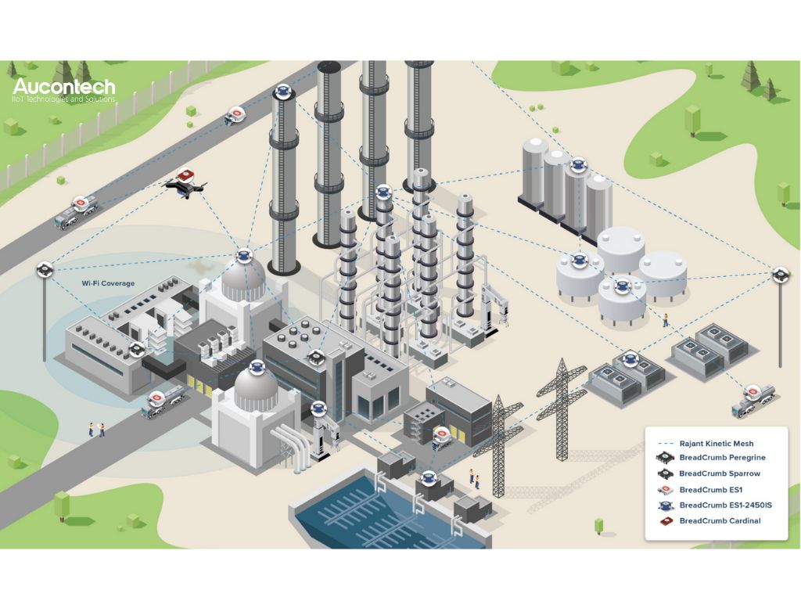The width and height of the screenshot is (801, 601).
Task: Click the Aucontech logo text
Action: click(x=64, y=87)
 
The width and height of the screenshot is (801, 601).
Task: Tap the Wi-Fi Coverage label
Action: click(x=108, y=283)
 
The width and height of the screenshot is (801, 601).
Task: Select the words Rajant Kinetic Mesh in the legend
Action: click(x=717, y=444)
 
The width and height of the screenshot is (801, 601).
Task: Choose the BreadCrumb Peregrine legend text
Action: click(x=722, y=458)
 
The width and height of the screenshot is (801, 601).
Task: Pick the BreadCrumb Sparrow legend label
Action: click(x=720, y=473)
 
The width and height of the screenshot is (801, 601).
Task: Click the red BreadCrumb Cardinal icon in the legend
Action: click(x=665, y=521)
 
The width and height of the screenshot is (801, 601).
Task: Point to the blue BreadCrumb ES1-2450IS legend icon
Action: click(x=665, y=506)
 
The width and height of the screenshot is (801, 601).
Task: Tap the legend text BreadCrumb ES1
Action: click(x=705, y=490)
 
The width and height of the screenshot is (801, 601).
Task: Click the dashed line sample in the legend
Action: click(x=664, y=444)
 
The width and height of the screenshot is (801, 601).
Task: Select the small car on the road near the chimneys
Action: click(x=235, y=115)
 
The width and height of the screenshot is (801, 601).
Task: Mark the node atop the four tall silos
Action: click(x=578, y=165)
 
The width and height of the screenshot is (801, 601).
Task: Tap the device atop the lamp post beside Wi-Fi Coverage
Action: click(x=45, y=269)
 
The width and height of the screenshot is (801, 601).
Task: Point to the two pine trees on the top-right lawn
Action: click(x=758, y=81)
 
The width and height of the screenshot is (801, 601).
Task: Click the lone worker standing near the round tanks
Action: click(x=666, y=319)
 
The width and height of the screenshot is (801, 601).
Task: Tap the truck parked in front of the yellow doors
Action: click(x=162, y=401)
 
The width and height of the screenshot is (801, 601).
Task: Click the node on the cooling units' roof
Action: click(x=630, y=361)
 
